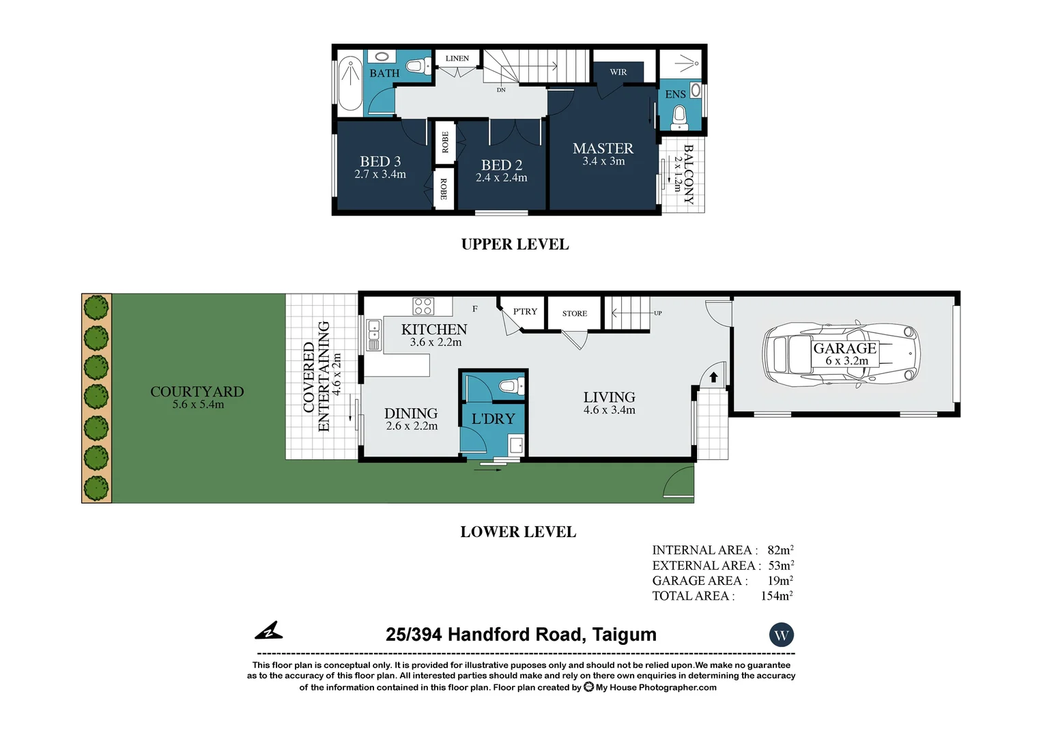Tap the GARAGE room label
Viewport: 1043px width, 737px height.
pos(844,348)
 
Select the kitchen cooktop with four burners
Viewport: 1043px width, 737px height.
pos(423,306)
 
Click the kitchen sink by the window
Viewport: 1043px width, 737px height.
pos(373,334)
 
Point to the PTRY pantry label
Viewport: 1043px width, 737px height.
pos(525,311)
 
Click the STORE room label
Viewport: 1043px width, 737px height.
pos(574,313)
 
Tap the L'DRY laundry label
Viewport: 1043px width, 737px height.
pos(493,418)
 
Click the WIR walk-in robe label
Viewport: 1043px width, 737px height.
pos(618,72)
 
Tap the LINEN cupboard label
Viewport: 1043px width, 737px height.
pos(457,58)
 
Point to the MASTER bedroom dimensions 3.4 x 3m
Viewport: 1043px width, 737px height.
pos(603,162)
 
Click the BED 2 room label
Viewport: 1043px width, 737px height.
pos(501,165)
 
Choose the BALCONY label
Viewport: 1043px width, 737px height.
pos(689,175)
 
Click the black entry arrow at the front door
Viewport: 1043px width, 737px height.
pos(713,377)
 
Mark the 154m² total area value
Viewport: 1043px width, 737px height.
pos(776,596)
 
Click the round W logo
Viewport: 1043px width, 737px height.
pos(781,635)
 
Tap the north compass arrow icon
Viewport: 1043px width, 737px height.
pos(269,631)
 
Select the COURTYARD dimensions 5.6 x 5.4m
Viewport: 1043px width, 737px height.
pos(198,405)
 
